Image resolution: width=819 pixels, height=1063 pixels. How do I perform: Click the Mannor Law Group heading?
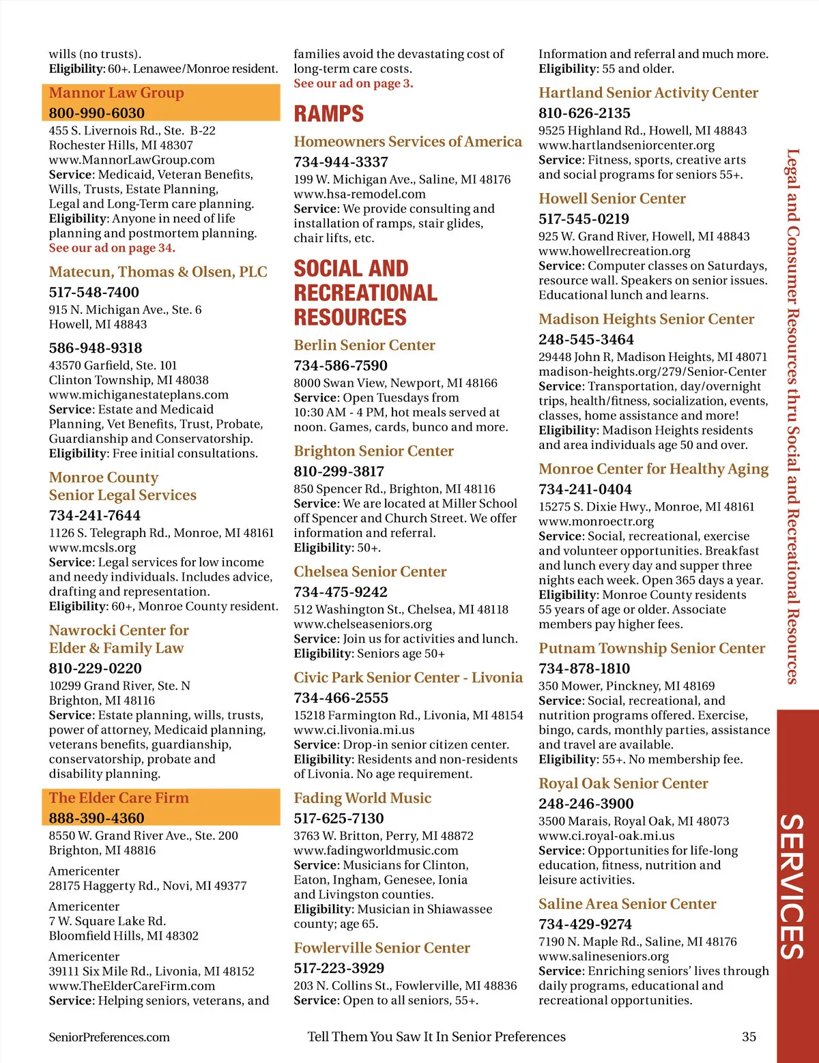(116, 93)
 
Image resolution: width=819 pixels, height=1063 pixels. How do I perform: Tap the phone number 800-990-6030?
(96, 113)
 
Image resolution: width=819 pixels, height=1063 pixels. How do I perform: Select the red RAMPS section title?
(329, 114)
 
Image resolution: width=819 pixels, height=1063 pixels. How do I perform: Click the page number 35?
(749, 1037)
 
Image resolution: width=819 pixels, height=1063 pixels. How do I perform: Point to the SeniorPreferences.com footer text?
(109, 1037)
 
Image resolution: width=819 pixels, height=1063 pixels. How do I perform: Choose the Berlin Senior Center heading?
(364, 345)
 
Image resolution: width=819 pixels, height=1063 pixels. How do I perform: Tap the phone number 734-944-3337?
(341, 162)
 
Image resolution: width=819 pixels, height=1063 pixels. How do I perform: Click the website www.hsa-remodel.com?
(360, 194)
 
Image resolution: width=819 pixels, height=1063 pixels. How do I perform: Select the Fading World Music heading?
(362, 798)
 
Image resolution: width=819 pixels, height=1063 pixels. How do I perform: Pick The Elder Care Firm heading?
(119, 798)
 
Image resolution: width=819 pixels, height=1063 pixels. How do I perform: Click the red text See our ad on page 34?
(112, 248)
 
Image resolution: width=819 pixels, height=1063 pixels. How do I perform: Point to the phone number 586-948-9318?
(96, 348)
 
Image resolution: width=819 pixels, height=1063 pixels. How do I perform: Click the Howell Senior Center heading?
(612, 199)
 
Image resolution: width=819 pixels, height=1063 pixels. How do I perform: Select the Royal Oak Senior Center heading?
(623, 783)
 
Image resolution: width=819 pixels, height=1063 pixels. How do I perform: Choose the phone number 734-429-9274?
(585, 924)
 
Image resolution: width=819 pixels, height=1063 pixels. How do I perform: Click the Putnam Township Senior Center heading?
(652, 648)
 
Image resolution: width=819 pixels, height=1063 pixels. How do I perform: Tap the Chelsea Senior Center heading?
(370, 572)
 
